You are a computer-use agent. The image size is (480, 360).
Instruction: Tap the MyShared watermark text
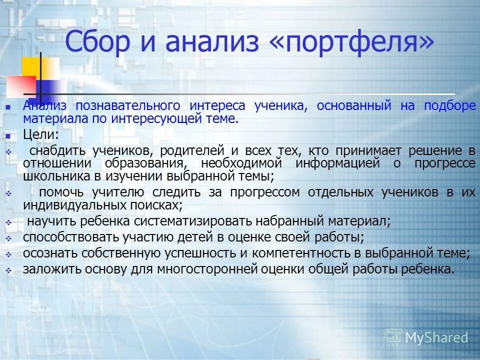436,338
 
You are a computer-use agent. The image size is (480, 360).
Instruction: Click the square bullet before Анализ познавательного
7,106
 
